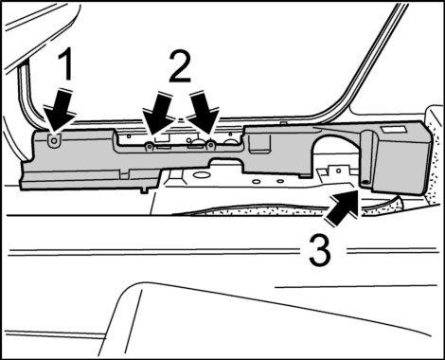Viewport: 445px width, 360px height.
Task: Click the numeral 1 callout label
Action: point(64,65)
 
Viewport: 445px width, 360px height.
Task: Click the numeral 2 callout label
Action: point(180,67)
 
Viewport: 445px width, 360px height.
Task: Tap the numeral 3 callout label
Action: point(320,252)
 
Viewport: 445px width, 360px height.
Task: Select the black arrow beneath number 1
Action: point(60,111)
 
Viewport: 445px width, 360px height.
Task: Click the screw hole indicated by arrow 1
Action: point(54,140)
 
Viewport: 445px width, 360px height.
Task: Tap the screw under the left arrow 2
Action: point(150,146)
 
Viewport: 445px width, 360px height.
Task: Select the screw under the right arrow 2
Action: point(210,145)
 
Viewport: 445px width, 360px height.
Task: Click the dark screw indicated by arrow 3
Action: point(365,182)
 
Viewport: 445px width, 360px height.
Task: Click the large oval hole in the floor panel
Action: point(200,174)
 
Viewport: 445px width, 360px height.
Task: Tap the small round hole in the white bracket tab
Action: point(338,171)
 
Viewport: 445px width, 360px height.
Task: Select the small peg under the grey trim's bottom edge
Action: point(144,190)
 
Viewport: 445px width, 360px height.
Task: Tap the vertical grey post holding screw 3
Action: point(367,158)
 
